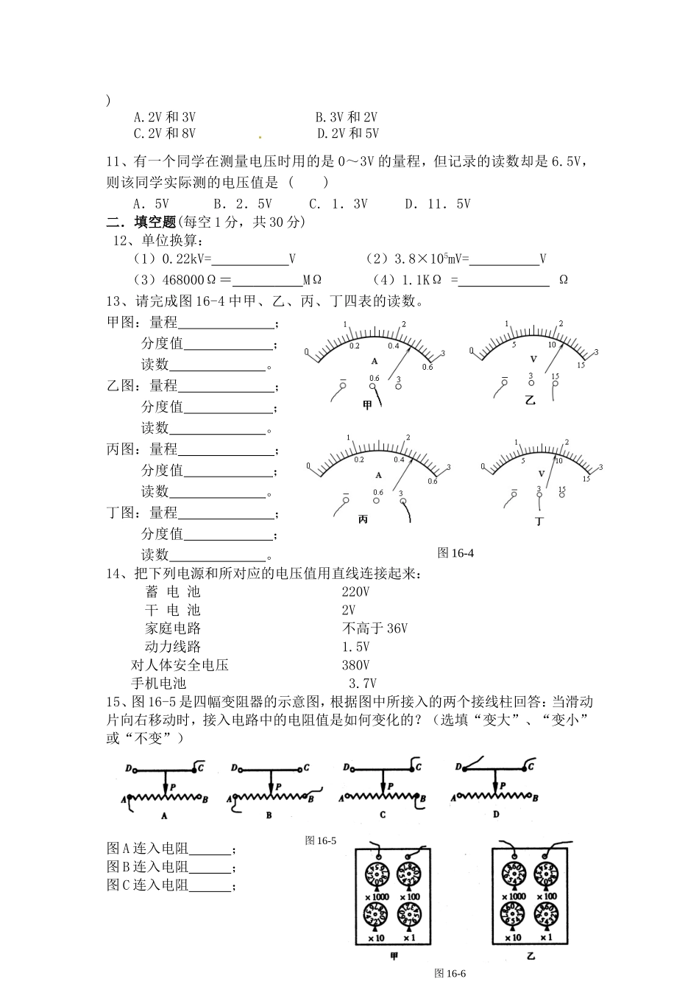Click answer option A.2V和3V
tap(164, 117)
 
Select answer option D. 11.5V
tap(437, 204)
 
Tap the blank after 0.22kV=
tap(249, 259)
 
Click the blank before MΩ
tap(266, 281)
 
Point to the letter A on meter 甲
tap(375, 361)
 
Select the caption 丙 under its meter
tap(363, 519)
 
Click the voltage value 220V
tap(355, 591)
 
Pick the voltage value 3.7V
tap(362, 684)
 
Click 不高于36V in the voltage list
tap(375, 628)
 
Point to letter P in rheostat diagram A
tap(172, 787)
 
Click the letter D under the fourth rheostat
tap(496, 814)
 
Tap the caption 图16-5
tap(321, 840)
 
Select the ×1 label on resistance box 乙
tap(546, 937)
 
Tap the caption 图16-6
tap(450, 973)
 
